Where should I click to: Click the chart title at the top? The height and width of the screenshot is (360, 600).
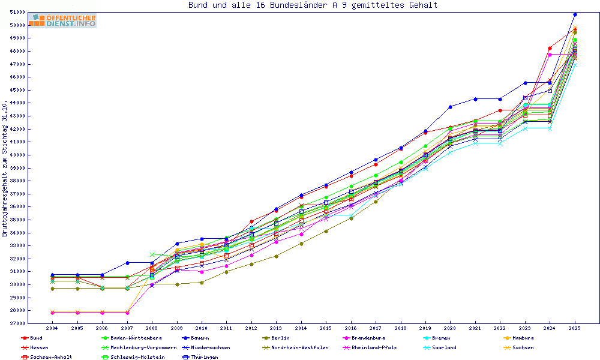coord(313,5)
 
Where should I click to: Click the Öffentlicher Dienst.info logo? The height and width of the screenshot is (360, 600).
coord(62,21)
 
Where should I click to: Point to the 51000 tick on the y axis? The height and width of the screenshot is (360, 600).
coord(18,12)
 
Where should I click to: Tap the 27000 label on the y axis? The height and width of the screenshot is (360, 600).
coord(18,323)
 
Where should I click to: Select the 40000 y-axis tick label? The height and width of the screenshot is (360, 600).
coord(18,155)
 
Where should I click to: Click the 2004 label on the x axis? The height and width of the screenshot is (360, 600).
coord(52,329)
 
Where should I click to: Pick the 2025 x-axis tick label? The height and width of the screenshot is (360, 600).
coord(575,329)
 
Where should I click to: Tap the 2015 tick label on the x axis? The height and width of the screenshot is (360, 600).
coord(326,329)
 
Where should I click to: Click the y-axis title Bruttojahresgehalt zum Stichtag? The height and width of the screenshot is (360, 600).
coord(5,168)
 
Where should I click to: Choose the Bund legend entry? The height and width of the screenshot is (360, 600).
coord(36,338)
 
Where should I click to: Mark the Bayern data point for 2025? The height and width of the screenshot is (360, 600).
coord(575,14)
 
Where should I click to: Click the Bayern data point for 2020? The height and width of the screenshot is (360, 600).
coord(450,107)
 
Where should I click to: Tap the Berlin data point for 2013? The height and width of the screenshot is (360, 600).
coord(276,256)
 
